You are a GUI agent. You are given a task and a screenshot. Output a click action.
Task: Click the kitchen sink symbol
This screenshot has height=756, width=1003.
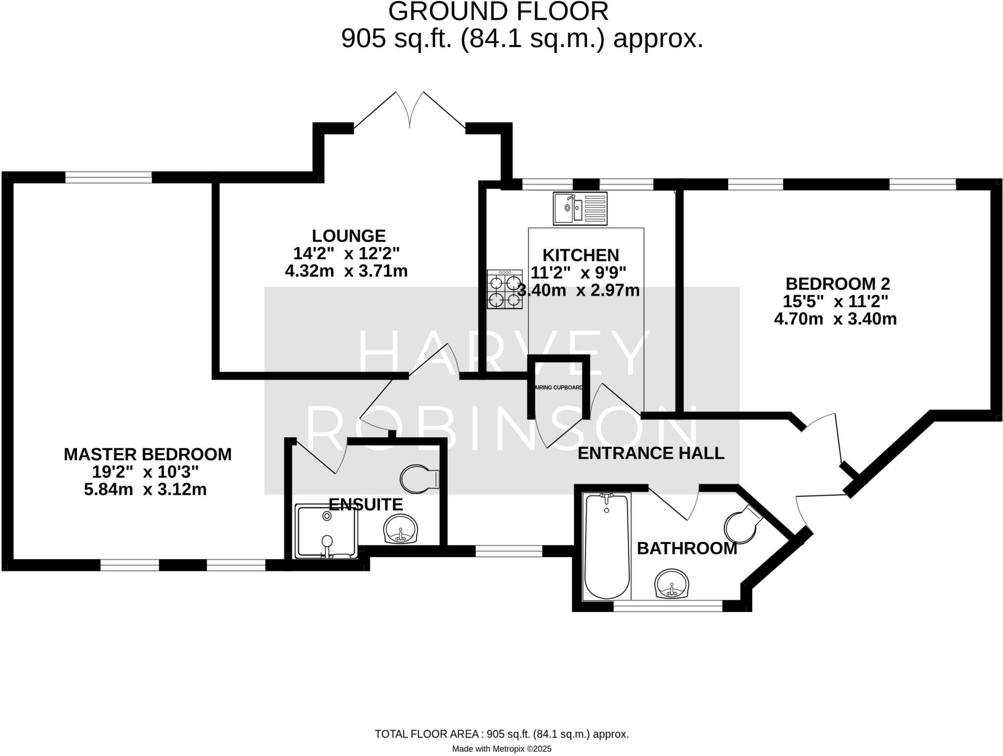580,208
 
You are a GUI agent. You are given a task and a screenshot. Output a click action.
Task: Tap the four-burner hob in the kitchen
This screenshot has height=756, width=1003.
504,289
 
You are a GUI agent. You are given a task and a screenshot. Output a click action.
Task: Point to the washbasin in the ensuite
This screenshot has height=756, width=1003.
401,529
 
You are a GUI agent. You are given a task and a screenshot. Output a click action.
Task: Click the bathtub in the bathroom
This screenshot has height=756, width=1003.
607,546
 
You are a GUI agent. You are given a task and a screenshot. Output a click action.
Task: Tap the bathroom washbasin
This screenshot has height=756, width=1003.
672,584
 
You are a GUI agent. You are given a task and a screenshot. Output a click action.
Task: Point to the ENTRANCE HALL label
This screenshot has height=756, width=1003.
651,453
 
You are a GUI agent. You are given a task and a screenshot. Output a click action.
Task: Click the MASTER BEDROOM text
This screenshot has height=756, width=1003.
147,454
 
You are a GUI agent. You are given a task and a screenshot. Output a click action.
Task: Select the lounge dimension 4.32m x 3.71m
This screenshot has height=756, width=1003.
346,271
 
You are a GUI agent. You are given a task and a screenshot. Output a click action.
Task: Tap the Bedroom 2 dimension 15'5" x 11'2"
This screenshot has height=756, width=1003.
836,301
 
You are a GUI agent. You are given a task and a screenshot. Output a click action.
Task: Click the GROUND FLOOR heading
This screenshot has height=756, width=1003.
498,12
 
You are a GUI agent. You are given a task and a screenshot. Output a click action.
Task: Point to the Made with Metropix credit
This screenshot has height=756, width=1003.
501,749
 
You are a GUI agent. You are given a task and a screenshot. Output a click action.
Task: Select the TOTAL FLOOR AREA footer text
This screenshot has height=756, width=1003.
501,734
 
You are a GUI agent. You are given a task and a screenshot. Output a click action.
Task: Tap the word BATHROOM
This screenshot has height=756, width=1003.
687,548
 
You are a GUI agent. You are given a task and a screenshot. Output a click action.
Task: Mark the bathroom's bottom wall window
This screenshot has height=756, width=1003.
668,607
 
